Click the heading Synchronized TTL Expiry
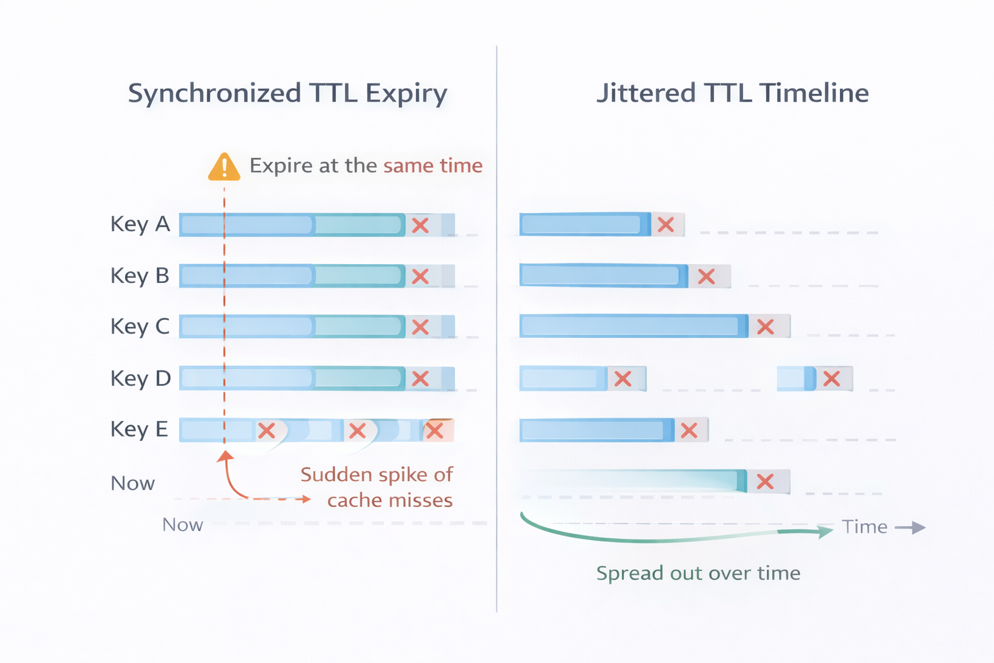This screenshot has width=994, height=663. coord(287,94)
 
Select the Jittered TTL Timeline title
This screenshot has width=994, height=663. coord(732,93)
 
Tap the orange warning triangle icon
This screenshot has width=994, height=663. coord(224,167)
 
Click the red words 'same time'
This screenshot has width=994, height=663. coord(432,166)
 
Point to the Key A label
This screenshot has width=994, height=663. coord(140,225)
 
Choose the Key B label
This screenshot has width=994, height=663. coord(140,276)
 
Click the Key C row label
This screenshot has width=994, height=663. coord(140,327)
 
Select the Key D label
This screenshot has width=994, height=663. coord(140,379)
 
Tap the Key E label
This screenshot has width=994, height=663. coord(139,430)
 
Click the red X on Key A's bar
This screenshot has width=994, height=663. coord(421,225)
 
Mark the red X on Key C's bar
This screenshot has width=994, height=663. coord(421,327)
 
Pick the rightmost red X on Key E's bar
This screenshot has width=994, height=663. coord(435,431)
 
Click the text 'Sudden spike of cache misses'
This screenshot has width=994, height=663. coord(377,488)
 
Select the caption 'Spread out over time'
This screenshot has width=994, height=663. coord(698,574)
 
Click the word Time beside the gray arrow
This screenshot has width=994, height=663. coord(864,527)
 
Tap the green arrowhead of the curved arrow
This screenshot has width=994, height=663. coord(825,532)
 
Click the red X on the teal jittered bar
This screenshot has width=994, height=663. coord(766,482)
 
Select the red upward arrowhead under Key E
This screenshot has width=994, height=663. coord(225,456)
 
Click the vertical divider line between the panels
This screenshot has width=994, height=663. coord(496,324)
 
